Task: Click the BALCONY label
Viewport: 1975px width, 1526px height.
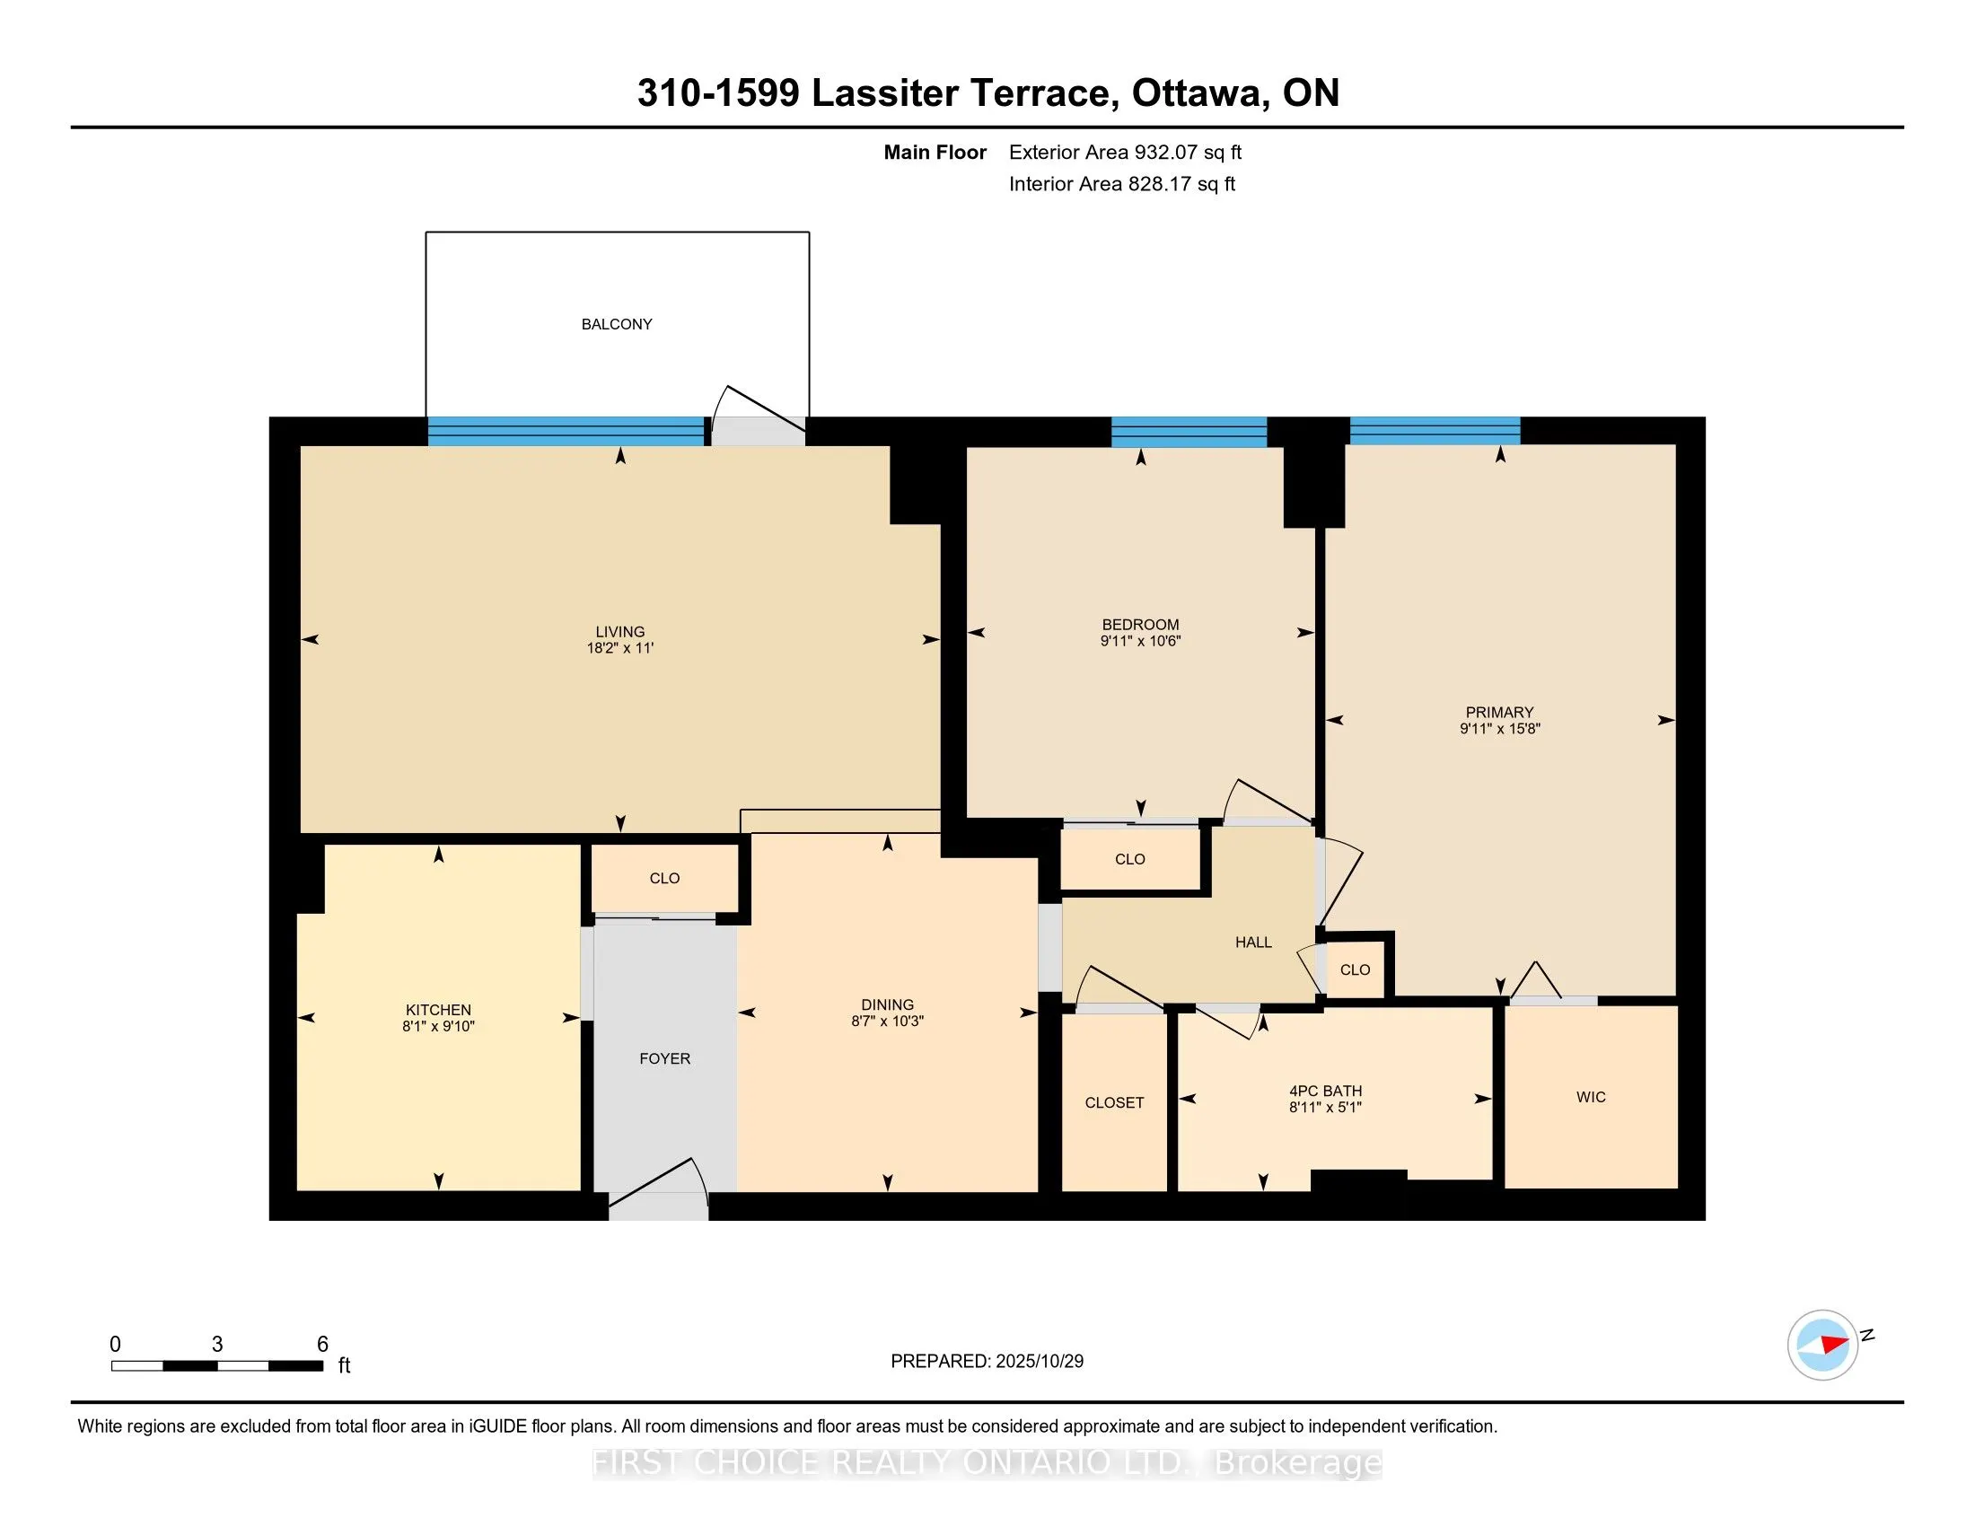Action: pyautogui.click(x=617, y=324)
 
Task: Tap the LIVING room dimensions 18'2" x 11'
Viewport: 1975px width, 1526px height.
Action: pyautogui.click(x=619, y=648)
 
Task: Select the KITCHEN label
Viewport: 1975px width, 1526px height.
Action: pyautogui.click(x=438, y=1010)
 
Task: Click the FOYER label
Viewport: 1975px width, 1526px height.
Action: pyautogui.click(x=664, y=1058)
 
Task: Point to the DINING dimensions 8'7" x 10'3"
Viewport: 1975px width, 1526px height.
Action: pyautogui.click(x=887, y=1022)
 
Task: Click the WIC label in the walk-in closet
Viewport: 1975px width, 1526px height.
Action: pyautogui.click(x=1591, y=1098)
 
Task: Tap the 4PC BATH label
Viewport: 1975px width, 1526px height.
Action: pyautogui.click(x=1325, y=1092)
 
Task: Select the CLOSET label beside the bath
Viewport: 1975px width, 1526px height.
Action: pyautogui.click(x=1114, y=1103)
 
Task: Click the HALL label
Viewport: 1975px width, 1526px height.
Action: pyautogui.click(x=1253, y=942)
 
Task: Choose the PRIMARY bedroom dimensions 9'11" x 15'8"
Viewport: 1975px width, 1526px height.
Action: pyautogui.click(x=1499, y=729)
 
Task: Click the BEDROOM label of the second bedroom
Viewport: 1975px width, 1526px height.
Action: pyautogui.click(x=1140, y=625)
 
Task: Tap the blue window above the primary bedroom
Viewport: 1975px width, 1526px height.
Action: pyautogui.click(x=1435, y=431)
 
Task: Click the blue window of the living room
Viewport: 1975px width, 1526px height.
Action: pyautogui.click(x=566, y=431)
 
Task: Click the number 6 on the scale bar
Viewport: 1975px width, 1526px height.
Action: pyautogui.click(x=322, y=1345)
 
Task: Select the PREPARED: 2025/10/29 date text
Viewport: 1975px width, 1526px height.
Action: pyautogui.click(x=987, y=1362)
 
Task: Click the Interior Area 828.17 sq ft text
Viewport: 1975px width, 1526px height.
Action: pyautogui.click(x=1121, y=184)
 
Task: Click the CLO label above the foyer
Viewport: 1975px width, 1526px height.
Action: pyautogui.click(x=664, y=879)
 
